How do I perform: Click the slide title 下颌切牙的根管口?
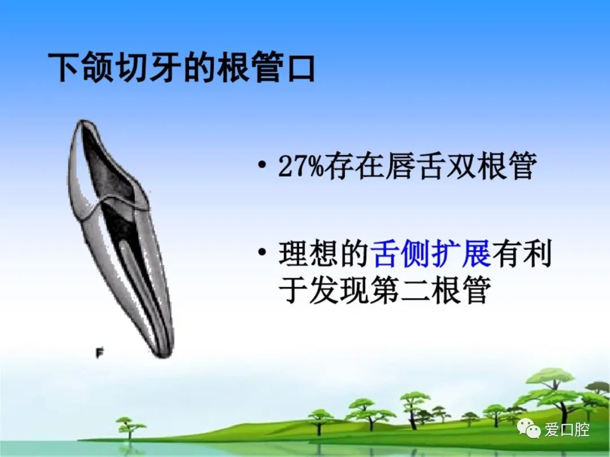point(181,68)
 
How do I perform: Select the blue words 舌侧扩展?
point(431,254)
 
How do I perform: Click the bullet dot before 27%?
point(262,165)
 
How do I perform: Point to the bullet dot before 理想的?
point(262,252)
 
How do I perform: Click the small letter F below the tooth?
point(99,353)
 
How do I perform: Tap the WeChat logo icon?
point(529,429)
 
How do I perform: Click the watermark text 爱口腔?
point(567,429)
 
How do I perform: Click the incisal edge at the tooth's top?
point(86,124)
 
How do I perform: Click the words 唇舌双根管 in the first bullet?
point(461,166)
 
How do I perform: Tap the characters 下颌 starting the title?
point(81,68)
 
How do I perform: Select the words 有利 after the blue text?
point(522,254)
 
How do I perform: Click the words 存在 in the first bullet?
point(354,166)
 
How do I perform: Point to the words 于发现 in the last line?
point(324,289)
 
